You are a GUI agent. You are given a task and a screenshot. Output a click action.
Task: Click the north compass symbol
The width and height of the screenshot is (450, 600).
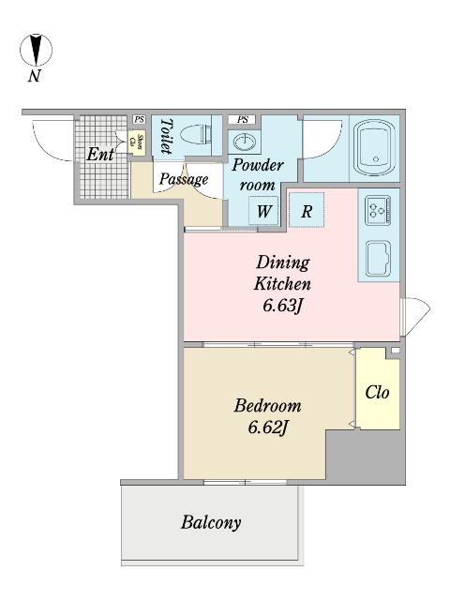coord(36,50)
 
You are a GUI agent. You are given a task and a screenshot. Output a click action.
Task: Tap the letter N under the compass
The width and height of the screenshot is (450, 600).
coord(35,76)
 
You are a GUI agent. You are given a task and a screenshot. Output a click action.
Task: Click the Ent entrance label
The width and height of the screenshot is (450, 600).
coord(100,154)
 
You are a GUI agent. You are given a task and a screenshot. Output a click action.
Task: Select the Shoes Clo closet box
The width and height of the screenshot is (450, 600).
coord(137,143)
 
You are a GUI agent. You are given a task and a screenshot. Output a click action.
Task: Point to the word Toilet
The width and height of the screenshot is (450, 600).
coord(166,136)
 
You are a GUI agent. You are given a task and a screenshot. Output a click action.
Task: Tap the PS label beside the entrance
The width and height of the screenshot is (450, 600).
coord(139,119)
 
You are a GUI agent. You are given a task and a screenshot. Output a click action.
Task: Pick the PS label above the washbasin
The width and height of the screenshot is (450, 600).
coord(242,119)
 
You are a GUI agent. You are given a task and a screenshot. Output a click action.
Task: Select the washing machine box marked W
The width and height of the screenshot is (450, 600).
coord(263,210)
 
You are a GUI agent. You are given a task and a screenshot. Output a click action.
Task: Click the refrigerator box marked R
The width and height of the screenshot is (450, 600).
coord(307,210)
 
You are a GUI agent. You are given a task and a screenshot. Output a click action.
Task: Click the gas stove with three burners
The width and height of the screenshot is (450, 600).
coord(378,210)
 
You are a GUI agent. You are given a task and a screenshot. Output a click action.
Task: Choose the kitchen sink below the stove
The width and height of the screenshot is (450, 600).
coord(378,258)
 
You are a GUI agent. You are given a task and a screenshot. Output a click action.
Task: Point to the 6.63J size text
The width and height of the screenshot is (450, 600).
coord(283,307)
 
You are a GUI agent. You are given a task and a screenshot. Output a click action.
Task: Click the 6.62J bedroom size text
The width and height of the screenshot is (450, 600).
coord(268,427)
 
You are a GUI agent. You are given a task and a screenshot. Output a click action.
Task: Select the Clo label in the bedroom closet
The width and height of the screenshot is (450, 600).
coord(377,392)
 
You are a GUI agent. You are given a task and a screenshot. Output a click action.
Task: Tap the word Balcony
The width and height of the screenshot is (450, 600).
coord(211,523)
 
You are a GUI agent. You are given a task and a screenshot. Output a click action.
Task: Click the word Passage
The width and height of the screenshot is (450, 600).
coord(184,179)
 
